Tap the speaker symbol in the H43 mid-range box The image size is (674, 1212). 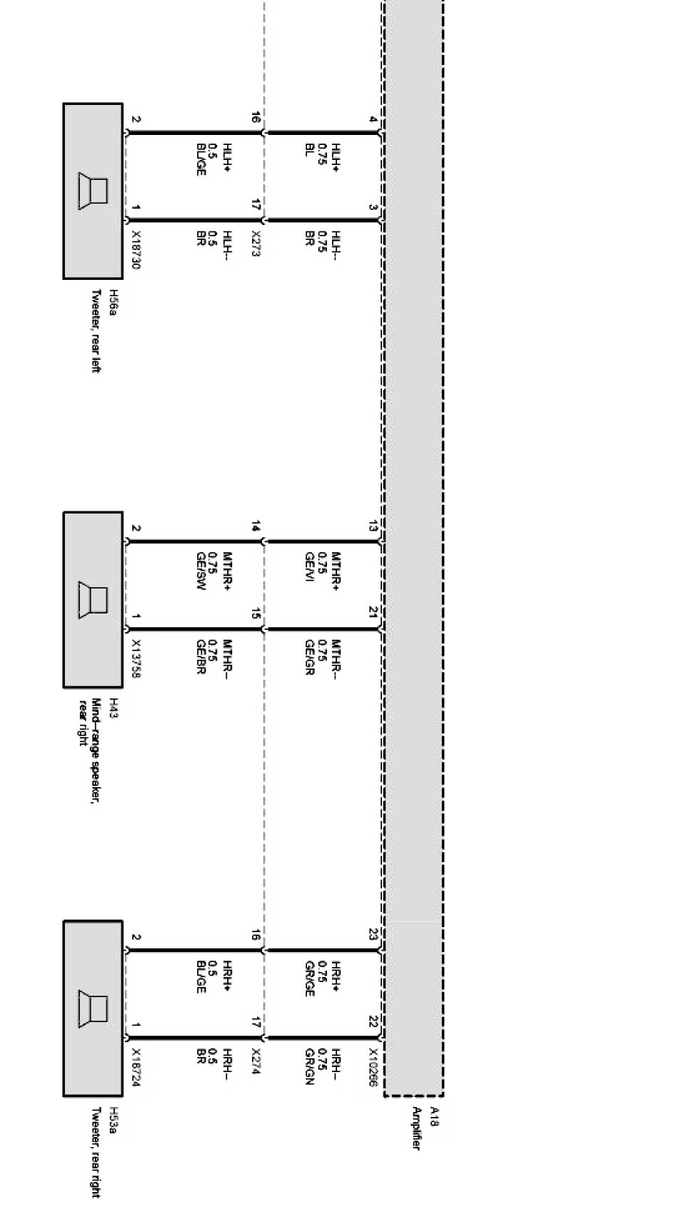click(93, 600)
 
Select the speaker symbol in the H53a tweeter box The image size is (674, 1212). click(93, 1008)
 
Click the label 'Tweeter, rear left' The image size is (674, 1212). click(96, 331)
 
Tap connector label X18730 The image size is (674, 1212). click(136, 250)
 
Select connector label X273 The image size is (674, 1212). click(256, 244)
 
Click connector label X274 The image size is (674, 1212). click(256, 1061)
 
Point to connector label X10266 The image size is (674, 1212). click(373, 1067)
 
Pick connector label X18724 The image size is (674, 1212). click(136, 1067)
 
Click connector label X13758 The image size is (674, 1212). click(136, 658)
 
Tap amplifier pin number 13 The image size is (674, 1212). click(373, 526)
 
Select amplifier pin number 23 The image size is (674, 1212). click(373, 934)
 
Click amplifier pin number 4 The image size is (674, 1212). click(373, 119)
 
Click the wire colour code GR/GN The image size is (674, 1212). click(310, 1067)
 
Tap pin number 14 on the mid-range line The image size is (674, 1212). click(256, 526)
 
